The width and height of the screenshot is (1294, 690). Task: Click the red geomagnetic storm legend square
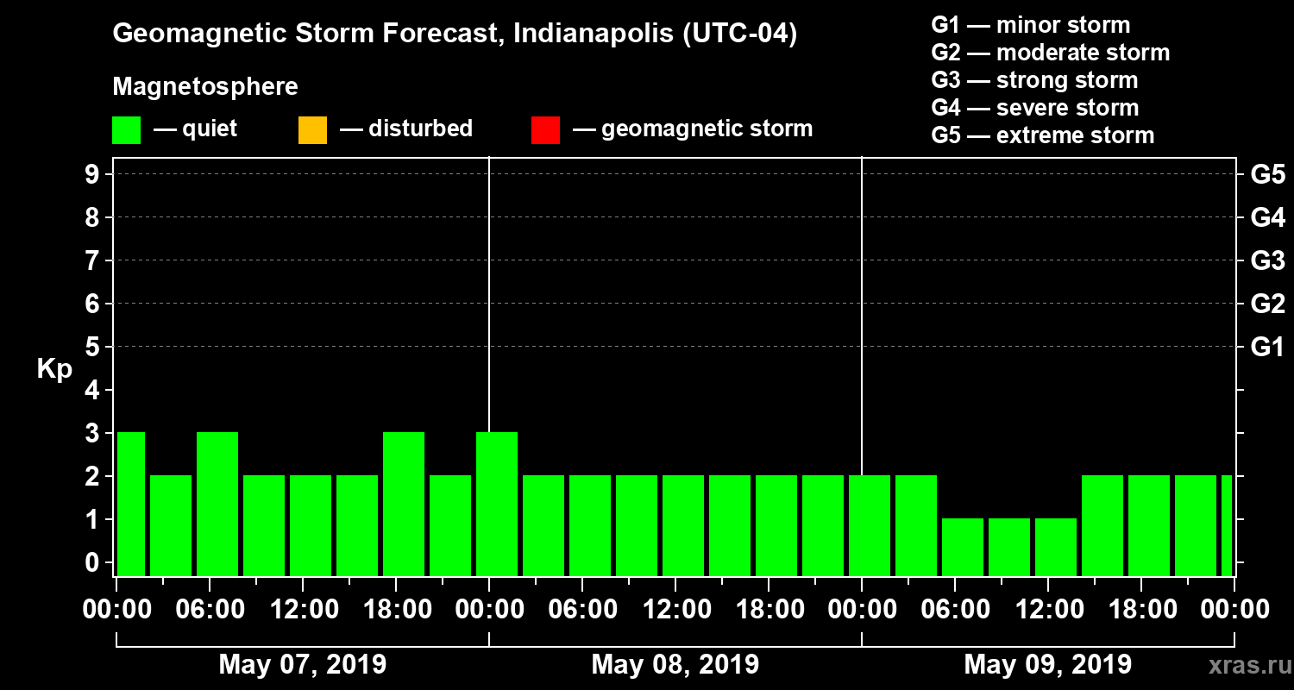click(546, 130)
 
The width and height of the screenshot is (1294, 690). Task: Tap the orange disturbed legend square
click(312, 130)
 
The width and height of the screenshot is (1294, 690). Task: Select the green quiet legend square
click(127, 130)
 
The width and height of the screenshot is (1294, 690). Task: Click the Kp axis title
click(54, 369)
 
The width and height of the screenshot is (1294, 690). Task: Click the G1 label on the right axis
click(1267, 348)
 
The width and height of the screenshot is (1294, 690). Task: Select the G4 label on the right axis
click(1267, 217)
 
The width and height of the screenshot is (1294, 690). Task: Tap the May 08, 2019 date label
click(675, 665)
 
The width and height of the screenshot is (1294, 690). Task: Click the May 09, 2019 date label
click(1047, 665)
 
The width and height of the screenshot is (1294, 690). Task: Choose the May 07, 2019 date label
click(303, 665)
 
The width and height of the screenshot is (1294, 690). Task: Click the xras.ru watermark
click(1243, 666)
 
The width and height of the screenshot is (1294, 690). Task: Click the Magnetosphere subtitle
click(205, 87)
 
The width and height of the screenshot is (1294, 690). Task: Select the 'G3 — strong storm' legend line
click(1034, 80)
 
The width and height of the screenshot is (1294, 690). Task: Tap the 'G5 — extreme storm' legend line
click(1042, 135)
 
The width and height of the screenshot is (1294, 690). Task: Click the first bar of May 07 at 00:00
click(131, 504)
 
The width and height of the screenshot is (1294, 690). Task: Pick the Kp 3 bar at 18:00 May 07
click(404, 504)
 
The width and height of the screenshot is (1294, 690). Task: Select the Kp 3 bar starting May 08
click(497, 504)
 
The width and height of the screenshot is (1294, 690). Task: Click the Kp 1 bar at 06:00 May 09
click(963, 547)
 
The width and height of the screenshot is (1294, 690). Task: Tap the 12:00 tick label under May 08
click(676, 610)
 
